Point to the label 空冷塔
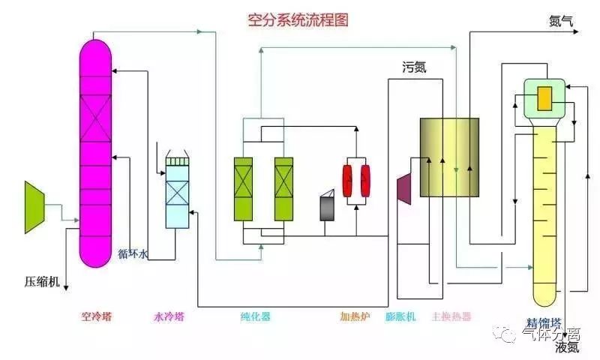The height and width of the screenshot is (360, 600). pos(96,316)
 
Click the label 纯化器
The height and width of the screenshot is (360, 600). pos(255,316)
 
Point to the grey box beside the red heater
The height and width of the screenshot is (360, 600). pos(328,208)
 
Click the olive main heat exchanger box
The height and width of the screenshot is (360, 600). pos(448,157)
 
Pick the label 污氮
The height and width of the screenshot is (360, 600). pos(414,68)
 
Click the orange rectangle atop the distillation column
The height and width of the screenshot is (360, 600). pos(545,97)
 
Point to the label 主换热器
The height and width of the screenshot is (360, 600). pos(451,316)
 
